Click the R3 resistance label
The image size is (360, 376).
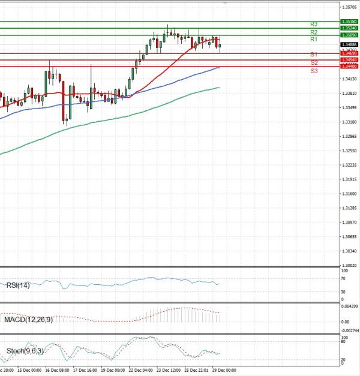coord(314,24)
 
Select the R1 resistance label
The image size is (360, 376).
coord(314,39)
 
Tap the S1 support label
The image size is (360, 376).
coord(314,55)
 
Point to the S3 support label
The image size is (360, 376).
coord(314,71)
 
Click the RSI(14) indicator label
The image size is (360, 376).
coord(17,285)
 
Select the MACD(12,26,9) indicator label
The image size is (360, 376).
coord(28,320)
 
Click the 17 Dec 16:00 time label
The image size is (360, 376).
coord(85,370)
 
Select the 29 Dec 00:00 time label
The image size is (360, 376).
coord(224,370)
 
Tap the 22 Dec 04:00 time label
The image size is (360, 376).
coord(141,370)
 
